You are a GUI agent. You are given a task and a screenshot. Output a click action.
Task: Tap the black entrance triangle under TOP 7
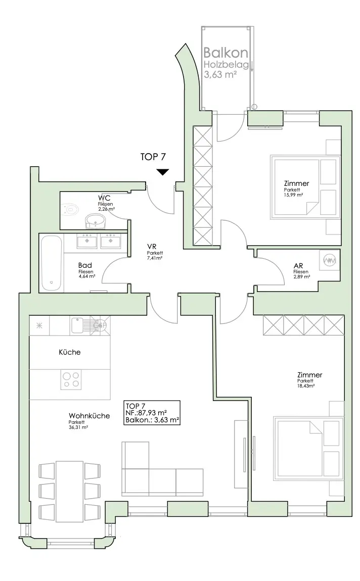[162, 172]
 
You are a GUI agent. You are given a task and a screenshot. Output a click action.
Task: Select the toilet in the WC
[70, 210]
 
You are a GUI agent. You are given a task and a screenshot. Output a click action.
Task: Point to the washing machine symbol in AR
[330, 261]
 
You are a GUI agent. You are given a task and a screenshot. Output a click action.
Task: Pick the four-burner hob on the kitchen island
[71, 380]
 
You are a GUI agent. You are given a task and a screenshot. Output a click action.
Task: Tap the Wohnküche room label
[89, 416]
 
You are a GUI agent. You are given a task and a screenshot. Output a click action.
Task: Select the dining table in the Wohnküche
[70, 491]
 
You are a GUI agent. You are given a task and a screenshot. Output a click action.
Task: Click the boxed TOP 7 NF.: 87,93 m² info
[152, 412]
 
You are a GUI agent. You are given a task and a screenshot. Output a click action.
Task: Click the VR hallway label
[151, 247]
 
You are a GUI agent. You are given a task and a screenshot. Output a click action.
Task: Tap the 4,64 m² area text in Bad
[87, 276]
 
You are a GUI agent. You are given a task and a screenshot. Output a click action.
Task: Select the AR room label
[298, 266]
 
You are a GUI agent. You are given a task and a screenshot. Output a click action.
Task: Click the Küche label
[70, 352]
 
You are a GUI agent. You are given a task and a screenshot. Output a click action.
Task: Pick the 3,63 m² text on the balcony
[220, 74]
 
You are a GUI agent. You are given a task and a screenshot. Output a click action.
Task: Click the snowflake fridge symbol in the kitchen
[39, 326]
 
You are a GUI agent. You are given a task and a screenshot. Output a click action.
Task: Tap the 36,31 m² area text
[78, 427]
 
